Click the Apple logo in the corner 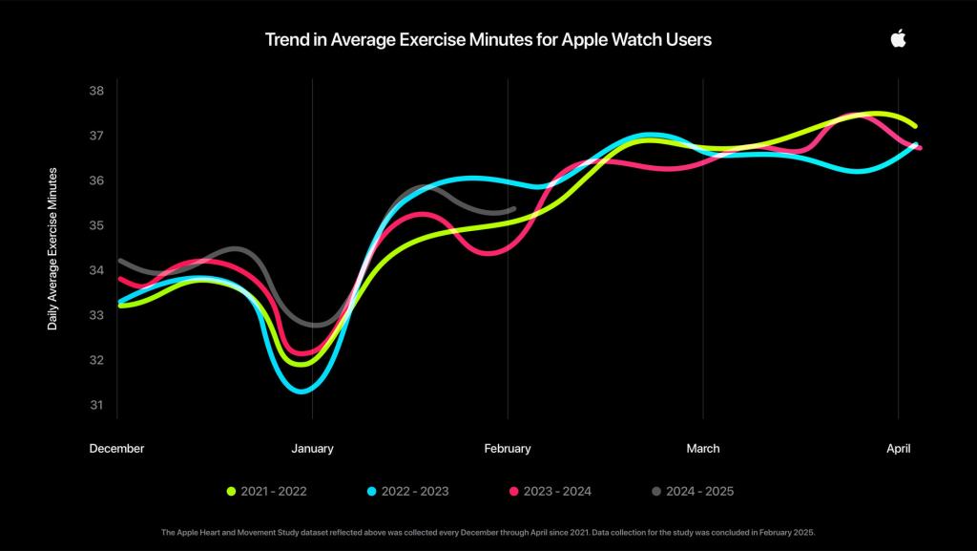pyautogui.click(x=898, y=38)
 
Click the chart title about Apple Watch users pyautogui.click(x=488, y=40)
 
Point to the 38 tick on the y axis pyautogui.click(x=96, y=91)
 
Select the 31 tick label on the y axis pyautogui.click(x=96, y=405)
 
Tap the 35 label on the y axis pyautogui.click(x=96, y=225)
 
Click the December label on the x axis pyautogui.click(x=116, y=448)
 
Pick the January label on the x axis pyautogui.click(x=312, y=448)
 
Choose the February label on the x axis pyautogui.click(x=508, y=448)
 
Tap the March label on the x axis pyautogui.click(x=703, y=448)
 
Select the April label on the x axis pyautogui.click(x=898, y=448)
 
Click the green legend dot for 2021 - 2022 pyautogui.click(x=231, y=492)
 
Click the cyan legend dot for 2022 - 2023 pyautogui.click(x=372, y=492)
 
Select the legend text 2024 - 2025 pyautogui.click(x=699, y=492)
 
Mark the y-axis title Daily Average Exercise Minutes pyautogui.click(x=53, y=248)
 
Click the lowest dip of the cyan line pyautogui.click(x=301, y=391)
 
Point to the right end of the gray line pyautogui.click(x=513, y=208)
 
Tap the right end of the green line pyautogui.click(x=914, y=126)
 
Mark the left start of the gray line pyautogui.click(x=119, y=260)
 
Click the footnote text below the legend pyautogui.click(x=488, y=532)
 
